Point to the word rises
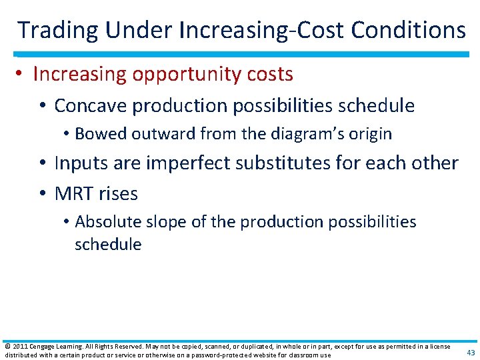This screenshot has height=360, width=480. pyautogui.click(x=118, y=194)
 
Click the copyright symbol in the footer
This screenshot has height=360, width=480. pyautogui.click(x=7, y=347)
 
